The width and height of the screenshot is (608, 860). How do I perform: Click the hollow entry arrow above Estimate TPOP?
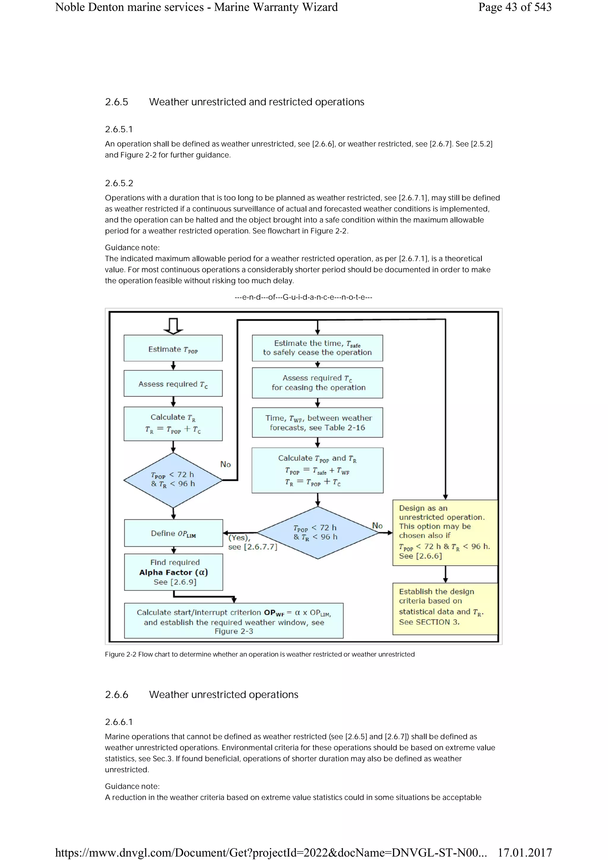coord(173,326)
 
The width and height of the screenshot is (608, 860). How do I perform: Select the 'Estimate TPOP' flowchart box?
coord(173,348)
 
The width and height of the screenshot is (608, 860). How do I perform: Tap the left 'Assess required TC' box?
coord(173,383)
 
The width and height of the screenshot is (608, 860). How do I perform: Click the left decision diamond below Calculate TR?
coord(173,480)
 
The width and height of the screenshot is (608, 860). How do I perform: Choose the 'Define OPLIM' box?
coord(173,533)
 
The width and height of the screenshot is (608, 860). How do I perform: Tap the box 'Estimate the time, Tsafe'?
coord(317,348)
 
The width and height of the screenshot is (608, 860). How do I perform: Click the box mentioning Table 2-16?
coord(317,423)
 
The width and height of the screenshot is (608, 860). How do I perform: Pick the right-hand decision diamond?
coord(318,533)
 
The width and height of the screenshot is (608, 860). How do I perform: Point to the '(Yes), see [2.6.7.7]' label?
coord(252,542)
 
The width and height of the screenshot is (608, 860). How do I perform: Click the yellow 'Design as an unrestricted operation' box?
coord(445,532)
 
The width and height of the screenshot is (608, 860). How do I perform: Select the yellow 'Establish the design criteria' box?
coord(445,608)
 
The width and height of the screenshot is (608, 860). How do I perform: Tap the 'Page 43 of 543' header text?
coord(515,7)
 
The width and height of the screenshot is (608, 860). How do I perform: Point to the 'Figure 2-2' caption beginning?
coord(120,654)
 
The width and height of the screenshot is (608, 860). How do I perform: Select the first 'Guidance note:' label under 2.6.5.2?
coord(132,247)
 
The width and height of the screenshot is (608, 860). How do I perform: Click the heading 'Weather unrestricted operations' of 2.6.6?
coord(224,694)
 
